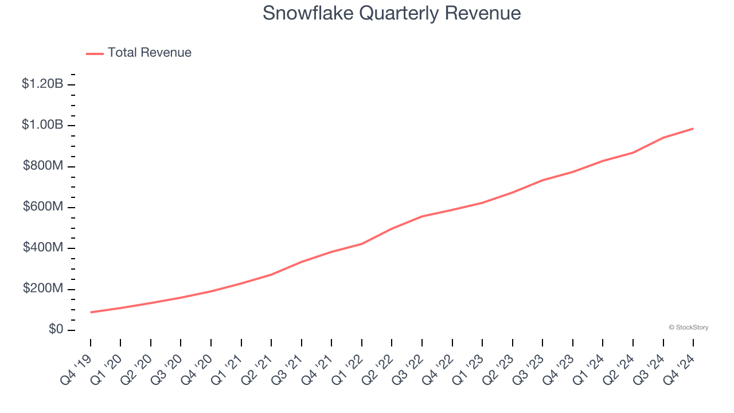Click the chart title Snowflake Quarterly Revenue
(x=392, y=13)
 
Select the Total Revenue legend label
(x=149, y=53)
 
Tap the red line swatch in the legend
(x=95, y=53)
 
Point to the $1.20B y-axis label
(x=42, y=84)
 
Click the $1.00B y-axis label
(x=42, y=125)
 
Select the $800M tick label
(x=43, y=166)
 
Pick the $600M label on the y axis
(x=43, y=206)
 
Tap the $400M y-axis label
(x=43, y=247)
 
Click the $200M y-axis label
(x=43, y=289)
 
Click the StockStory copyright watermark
(x=688, y=328)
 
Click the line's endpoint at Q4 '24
(x=693, y=128)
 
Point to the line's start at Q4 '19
(x=91, y=312)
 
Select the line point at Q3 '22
(x=422, y=216)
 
